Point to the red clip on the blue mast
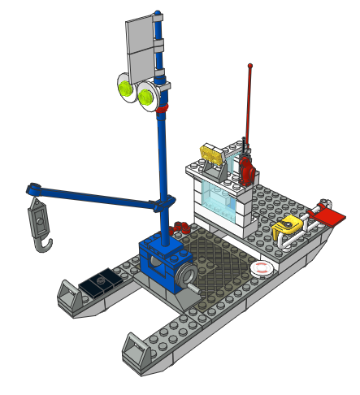pyautogui.click(x=163, y=107)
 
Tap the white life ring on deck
pyautogui.click(x=260, y=267)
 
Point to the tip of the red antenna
pyautogui.click(x=249, y=66)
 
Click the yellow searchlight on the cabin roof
pyautogui.click(x=210, y=153)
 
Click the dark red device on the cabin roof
pyautogui.click(x=246, y=168)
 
